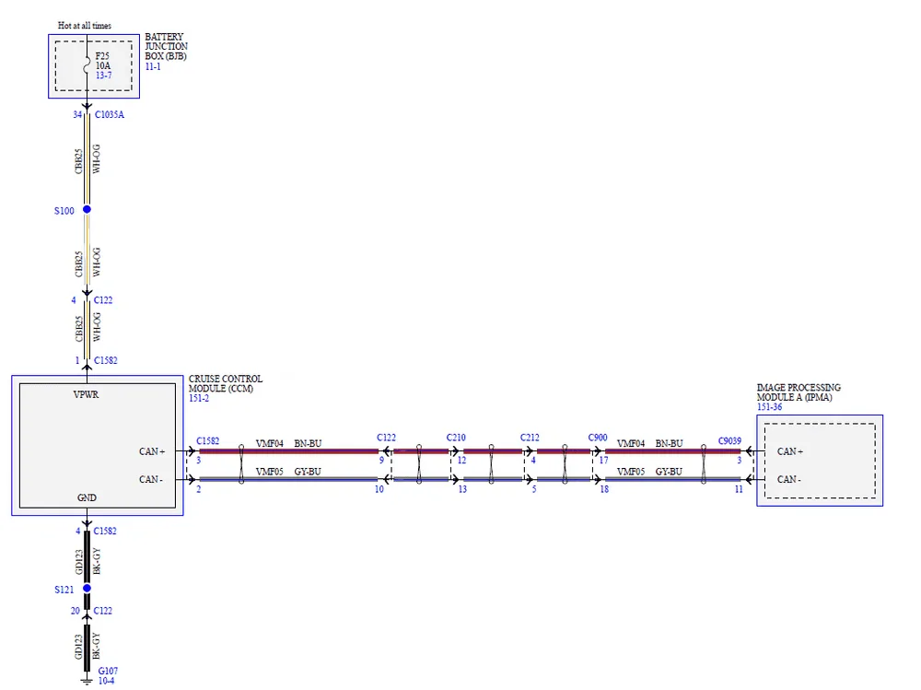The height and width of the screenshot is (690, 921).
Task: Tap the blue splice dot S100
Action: pyautogui.click(x=87, y=210)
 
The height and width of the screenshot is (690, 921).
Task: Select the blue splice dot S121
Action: pyautogui.click(x=87, y=588)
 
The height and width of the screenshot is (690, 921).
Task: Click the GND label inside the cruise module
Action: pyautogui.click(x=87, y=497)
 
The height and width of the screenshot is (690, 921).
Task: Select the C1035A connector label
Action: pyautogui.click(x=109, y=115)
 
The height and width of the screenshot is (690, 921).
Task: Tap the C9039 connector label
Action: pyautogui.click(x=730, y=440)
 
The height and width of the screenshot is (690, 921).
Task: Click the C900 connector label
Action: pyautogui.click(x=599, y=438)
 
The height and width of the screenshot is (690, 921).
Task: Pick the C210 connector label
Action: pyautogui.click(x=457, y=438)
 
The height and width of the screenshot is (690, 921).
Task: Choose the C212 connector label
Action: pyautogui.click(x=530, y=438)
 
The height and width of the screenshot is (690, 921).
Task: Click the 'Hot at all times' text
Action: pyautogui.click(x=90, y=26)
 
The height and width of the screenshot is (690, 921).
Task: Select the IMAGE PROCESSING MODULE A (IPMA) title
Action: pyautogui.click(x=799, y=392)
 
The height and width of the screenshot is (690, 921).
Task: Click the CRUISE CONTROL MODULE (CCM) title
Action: pyautogui.click(x=225, y=383)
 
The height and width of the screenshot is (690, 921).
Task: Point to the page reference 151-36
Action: pyautogui.click(x=771, y=407)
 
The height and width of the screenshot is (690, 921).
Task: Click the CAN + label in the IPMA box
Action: pyautogui.click(x=790, y=451)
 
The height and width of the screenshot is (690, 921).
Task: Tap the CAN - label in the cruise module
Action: pyautogui.click(x=152, y=479)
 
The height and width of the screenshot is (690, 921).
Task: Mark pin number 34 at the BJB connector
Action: pyautogui.click(x=77, y=115)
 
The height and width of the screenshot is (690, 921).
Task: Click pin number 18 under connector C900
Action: pyautogui.click(x=604, y=489)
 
